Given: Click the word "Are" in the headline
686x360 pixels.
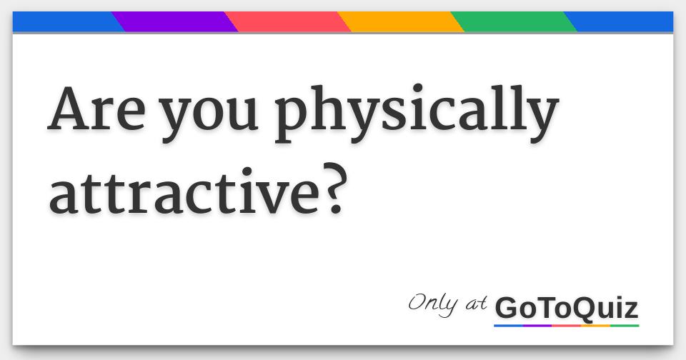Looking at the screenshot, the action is (96, 109).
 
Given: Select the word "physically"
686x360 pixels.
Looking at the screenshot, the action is (417, 113).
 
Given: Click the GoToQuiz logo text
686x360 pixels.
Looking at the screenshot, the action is (567, 308).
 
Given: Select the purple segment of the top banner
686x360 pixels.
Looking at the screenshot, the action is (174, 21).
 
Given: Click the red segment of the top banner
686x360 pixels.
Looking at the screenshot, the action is (287, 21).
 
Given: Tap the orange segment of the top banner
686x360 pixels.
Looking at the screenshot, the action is (401, 21).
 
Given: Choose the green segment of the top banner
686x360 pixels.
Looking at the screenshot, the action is (514, 21).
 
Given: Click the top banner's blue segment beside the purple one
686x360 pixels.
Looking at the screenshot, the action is (66, 21).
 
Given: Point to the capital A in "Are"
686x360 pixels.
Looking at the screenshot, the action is (71, 109).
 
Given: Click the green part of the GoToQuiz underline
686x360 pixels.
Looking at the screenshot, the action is (625, 326).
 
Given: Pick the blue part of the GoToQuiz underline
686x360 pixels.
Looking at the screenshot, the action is (508, 326).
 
